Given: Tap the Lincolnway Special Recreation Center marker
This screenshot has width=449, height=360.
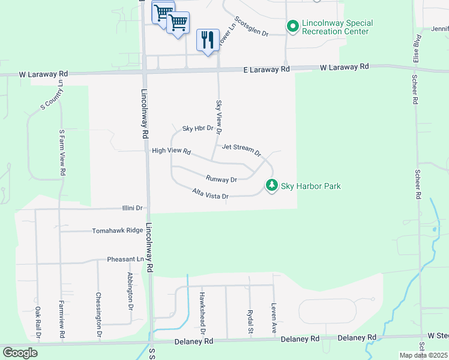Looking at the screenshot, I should tap(293, 26).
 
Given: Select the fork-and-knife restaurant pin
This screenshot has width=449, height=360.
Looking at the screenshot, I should tap(208, 40).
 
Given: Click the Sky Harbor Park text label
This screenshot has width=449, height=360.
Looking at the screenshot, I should tap(311, 186).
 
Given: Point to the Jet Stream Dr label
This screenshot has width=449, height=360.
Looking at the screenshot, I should tap(242, 149).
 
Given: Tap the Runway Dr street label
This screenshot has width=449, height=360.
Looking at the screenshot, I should tap(221, 179).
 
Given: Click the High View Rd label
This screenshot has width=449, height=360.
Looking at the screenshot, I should tap(171, 151).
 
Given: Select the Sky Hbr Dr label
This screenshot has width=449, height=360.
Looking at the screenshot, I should tap(197, 128).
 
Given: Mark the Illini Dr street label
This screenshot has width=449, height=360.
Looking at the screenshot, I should tap(130, 208).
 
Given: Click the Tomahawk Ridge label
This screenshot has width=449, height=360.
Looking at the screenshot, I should tap(118, 230).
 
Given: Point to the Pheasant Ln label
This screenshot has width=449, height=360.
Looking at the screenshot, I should tap(126, 259).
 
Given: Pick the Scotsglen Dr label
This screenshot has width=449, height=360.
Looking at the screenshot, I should tap(251, 26).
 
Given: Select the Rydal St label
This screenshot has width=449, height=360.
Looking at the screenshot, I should tap(250, 322).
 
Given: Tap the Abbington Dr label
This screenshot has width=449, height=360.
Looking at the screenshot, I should tap(130, 290).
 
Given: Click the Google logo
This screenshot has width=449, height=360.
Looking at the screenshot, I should tap(20, 353).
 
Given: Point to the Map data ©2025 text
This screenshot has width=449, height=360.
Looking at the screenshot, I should tap(423, 355).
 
